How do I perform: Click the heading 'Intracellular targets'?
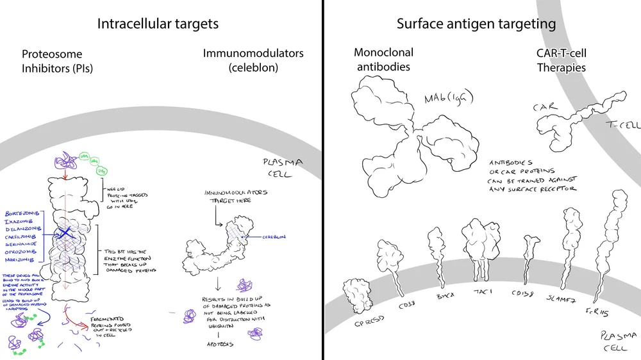(x=158, y=24)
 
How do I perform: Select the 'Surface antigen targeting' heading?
(x=476, y=24)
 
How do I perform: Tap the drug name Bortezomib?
(x=23, y=212)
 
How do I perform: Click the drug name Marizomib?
(x=22, y=260)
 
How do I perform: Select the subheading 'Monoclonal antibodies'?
(x=383, y=60)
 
